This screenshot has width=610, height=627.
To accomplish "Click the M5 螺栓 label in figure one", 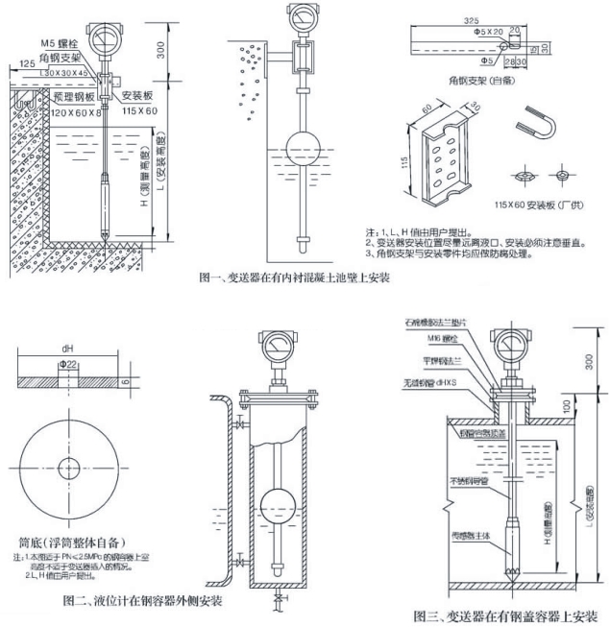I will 61,43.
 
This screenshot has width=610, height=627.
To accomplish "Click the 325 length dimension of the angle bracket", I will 472,19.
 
